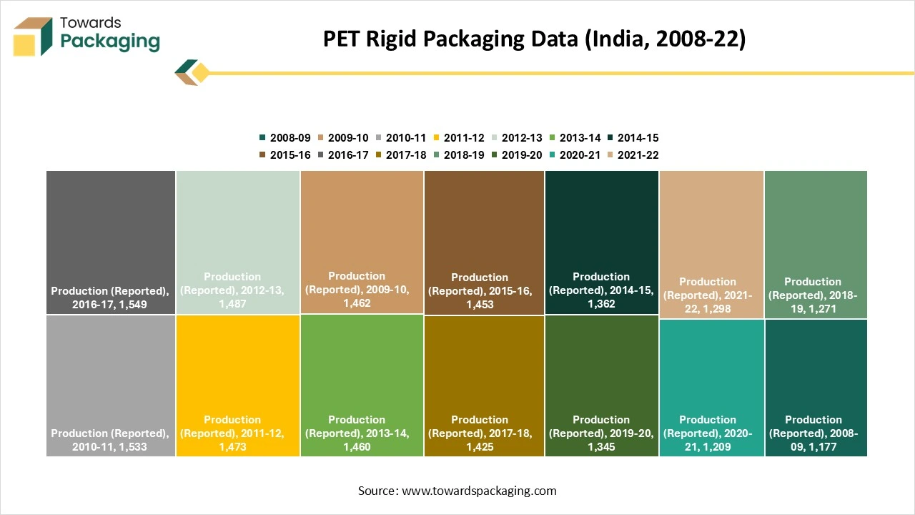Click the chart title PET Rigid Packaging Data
point(534,39)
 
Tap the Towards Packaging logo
point(86,35)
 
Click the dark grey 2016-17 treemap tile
point(111,229)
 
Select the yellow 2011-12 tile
point(237,365)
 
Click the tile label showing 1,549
point(110,298)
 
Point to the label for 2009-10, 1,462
point(357,290)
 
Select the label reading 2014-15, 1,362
point(601,290)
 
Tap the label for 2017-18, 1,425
point(480,433)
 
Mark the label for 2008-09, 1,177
point(813,433)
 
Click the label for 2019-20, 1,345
point(601,433)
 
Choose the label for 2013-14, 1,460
point(357,433)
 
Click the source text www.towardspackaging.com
point(457,491)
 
